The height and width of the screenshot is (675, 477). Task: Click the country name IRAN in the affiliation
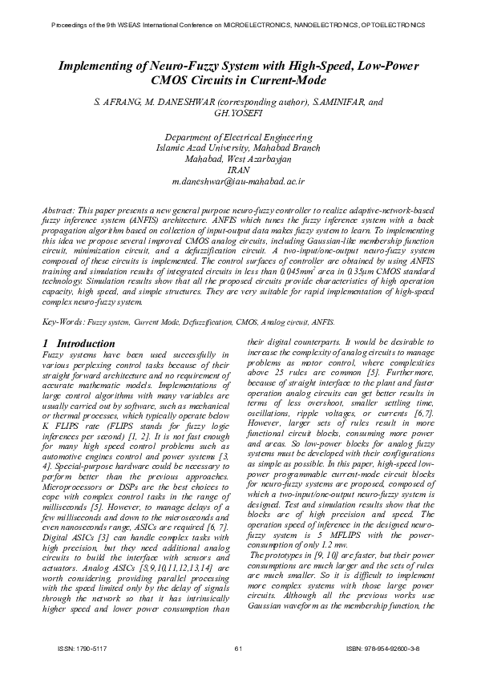239,171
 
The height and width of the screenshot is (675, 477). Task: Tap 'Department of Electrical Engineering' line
238,137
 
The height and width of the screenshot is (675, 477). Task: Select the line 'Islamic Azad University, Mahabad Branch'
238,148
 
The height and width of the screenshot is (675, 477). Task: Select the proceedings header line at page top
238,26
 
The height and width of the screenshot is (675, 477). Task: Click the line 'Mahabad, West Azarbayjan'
238,160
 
